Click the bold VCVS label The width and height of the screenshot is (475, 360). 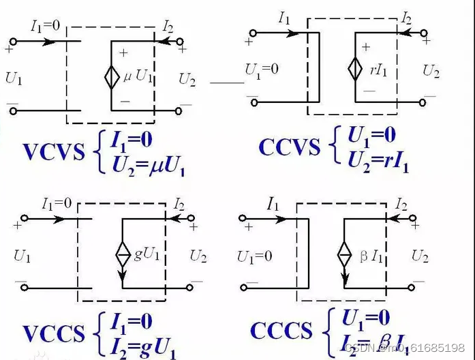tap(55, 151)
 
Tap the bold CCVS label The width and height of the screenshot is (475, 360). tap(290, 147)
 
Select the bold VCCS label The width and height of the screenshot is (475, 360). tap(55, 333)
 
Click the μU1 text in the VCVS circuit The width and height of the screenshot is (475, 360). tap(138, 76)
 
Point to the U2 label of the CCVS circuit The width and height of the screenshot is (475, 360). tap(431, 70)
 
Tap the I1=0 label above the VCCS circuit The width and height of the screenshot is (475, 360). tap(57, 203)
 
